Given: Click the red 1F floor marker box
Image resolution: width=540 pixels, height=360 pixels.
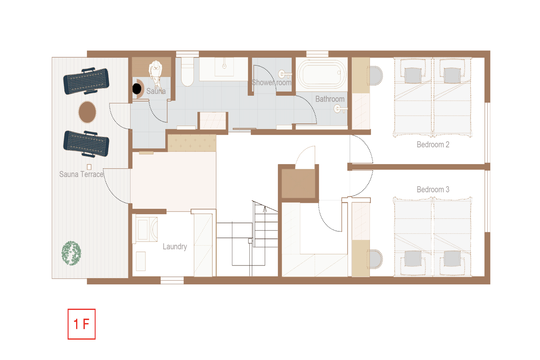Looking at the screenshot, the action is pyautogui.click(x=81, y=324).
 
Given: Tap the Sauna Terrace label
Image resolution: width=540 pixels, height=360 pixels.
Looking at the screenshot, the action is pyautogui.click(x=81, y=174).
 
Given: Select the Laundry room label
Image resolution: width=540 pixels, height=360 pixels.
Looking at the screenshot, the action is pyautogui.click(x=175, y=247).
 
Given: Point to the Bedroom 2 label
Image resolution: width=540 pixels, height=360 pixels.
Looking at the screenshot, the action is pyautogui.click(x=433, y=144).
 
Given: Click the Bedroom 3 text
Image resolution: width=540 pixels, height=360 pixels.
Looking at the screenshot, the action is pyautogui.click(x=433, y=189).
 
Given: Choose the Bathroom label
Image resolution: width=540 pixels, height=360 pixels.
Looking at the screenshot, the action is pyautogui.click(x=330, y=99).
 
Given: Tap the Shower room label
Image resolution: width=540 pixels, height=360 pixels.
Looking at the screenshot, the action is pyautogui.click(x=272, y=82).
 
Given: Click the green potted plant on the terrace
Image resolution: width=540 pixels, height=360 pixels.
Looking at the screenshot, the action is pyautogui.click(x=71, y=253).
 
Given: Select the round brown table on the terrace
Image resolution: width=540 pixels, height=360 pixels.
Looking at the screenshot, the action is pyautogui.click(x=87, y=112).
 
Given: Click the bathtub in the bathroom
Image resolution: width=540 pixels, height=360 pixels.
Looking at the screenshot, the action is pyautogui.click(x=321, y=74).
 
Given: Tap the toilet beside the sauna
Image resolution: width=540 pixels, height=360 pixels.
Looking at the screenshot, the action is pyautogui.click(x=187, y=72).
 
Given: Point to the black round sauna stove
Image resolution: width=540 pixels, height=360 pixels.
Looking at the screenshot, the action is pyautogui.click(x=137, y=89).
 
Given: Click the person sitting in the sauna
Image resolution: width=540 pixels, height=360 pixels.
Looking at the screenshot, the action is pyautogui.click(x=156, y=73).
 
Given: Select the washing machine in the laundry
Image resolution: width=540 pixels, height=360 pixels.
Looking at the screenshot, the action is pyautogui.click(x=147, y=229).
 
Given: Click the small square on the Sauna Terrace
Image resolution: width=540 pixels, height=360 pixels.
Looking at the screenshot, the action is pyautogui.click(x=89, y=167).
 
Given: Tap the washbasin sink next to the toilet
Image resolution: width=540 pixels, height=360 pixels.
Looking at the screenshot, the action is pyautogui.click(x=224, y=67).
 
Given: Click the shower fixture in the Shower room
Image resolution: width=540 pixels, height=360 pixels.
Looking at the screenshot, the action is pyautogui.click(x=284, y=74).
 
